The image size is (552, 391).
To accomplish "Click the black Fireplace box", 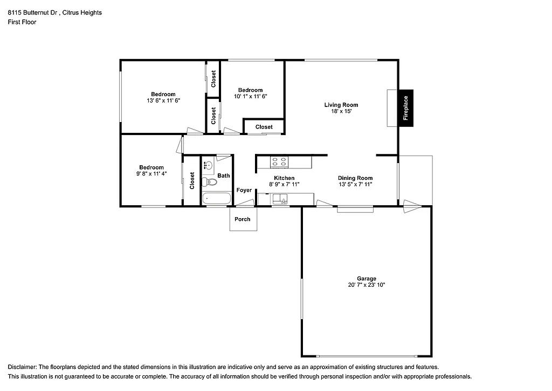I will (406, 108).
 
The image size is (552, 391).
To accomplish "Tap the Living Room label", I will (341, 105).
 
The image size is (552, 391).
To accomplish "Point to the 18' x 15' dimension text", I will (341, 111).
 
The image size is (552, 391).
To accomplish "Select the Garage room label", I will (366, 279).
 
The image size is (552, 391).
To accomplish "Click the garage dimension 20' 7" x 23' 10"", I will (366, 285).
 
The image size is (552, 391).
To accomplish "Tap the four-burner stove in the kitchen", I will (279, 161).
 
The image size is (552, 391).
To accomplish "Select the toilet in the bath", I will (210, 182).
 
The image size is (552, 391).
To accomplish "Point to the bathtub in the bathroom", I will (216, 199).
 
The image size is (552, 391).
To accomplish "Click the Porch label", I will (243, 219).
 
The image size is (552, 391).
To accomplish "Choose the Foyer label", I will (244, 190).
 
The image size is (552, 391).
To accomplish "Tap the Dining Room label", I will (355, 178).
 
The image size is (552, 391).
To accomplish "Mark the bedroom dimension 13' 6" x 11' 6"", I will (163, 101).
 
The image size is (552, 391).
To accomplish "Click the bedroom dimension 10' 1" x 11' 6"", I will (251, 96).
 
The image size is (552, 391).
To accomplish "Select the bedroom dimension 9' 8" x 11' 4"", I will (151, 174).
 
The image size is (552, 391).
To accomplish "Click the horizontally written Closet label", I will (264, 127).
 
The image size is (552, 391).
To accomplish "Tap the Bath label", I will (224, 176).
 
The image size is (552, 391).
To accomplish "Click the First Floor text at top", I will (22, 22).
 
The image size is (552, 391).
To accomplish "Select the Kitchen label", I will (284, 178).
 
